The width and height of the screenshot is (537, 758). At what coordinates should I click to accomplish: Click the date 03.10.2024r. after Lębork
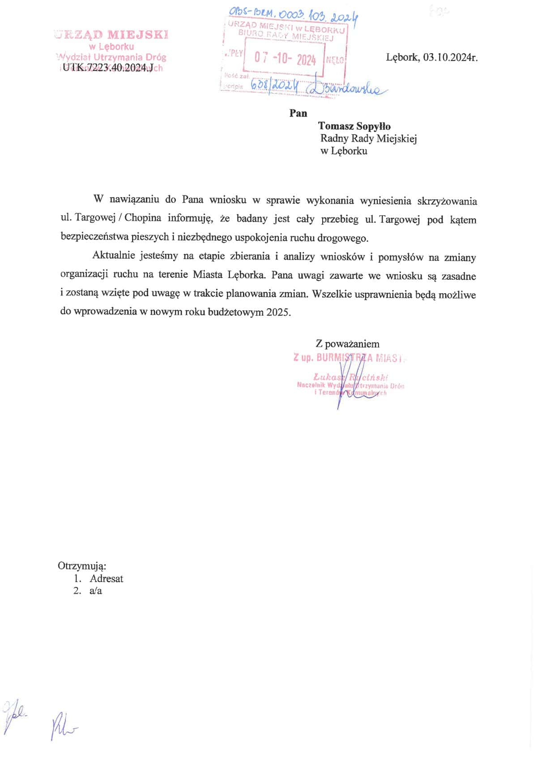click(450, 58)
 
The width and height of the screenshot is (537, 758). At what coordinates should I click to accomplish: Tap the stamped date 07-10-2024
click(285, 59)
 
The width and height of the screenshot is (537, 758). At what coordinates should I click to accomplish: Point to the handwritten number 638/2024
click(274, 85)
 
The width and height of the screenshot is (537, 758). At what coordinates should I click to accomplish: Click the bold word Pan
click(298, 113)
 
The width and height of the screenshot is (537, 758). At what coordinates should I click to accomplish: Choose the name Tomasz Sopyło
click(354, 126)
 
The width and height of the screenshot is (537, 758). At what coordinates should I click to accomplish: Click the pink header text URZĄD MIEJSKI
click(111, 34)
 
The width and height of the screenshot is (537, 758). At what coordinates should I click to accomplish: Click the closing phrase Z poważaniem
click(347, 344)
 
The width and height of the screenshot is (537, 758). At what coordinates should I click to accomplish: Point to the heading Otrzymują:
click(82, 566)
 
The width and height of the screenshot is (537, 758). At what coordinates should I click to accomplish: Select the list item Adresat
click(106, 578)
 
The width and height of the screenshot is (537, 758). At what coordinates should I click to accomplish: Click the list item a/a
click(96, 591)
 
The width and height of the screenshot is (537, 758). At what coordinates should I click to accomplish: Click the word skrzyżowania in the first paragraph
click(447, 201)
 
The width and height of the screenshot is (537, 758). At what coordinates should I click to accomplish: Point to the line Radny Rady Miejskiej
click(368, 139)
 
